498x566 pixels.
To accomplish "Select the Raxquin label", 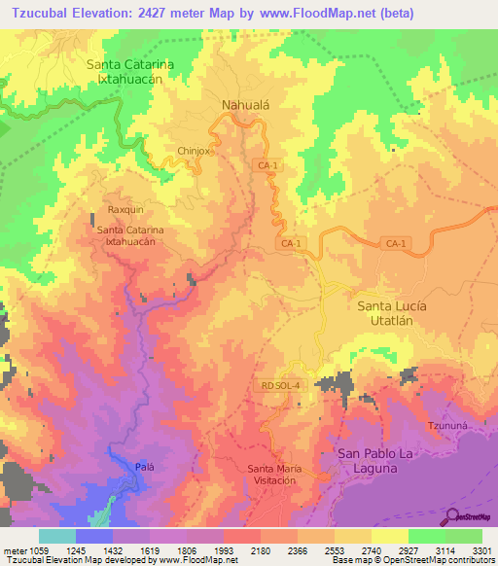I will [x=125, y=209].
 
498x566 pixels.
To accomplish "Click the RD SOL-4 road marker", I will [x=281, y=386].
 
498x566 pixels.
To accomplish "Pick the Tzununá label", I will [x=448, y=427].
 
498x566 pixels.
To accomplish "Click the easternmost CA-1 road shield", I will [x=394, y=243].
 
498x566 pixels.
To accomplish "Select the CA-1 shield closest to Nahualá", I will [x=268, y=166].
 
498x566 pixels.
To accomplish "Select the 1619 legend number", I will [x=150, y=549].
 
